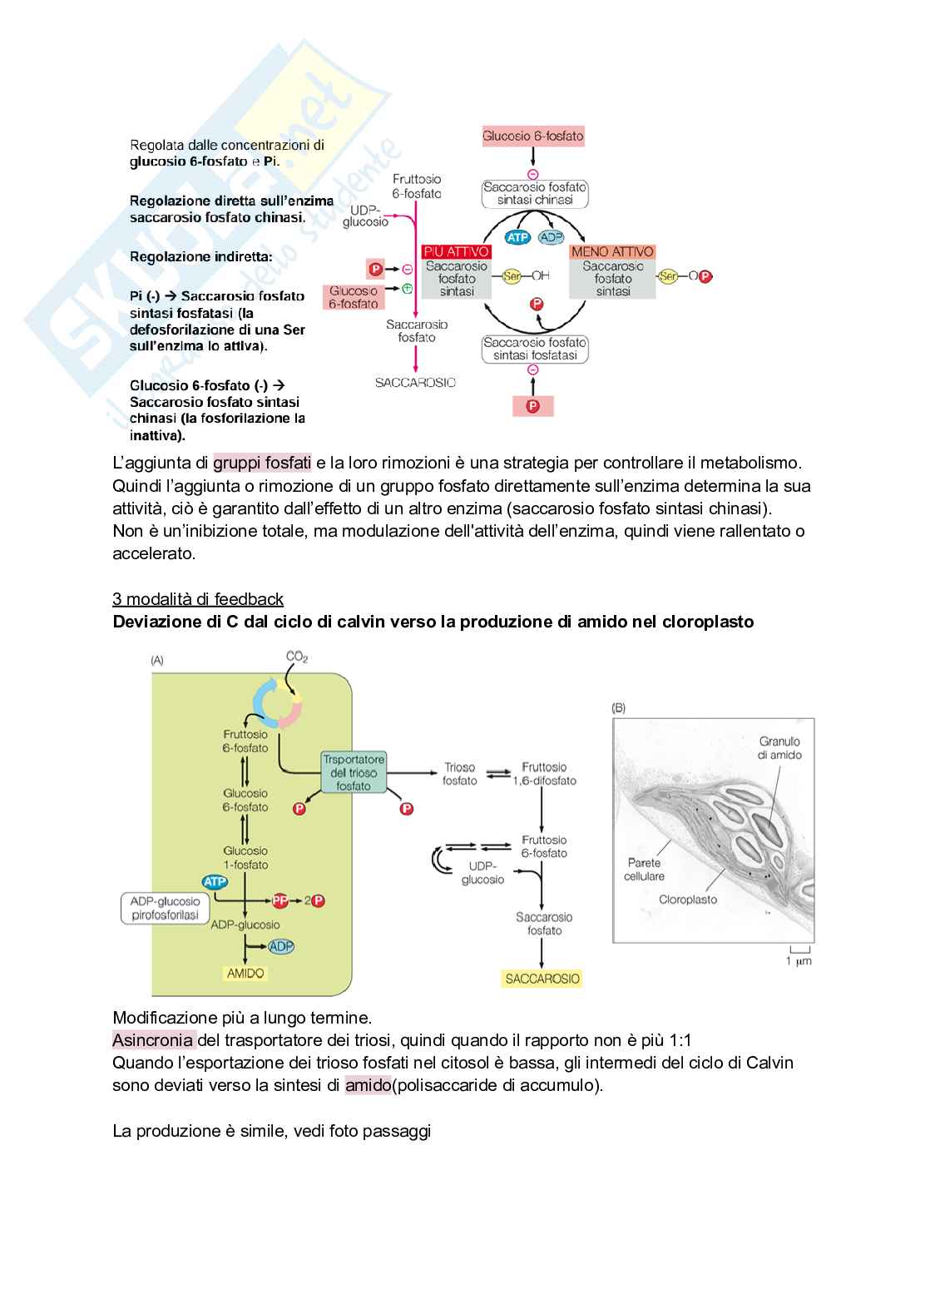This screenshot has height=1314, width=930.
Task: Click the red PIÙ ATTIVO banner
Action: (x=457, y=251)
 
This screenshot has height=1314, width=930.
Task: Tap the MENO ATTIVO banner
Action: (x=612, y=251)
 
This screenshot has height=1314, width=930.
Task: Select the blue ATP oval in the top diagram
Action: (x=517, y=237)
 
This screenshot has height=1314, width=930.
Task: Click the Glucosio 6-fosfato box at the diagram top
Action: (x=532, y=136)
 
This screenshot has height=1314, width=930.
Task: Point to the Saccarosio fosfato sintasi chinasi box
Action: (x=535, y=194)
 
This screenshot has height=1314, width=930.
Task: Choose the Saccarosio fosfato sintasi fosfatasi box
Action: (x=535, y=349)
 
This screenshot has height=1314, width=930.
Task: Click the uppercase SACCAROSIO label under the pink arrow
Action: (x=415, y=383)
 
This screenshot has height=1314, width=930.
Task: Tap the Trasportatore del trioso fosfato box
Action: (x=354, y=772)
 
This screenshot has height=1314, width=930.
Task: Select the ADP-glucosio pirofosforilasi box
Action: (x=166, y=908)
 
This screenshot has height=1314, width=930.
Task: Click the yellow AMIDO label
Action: (x=245, y=973)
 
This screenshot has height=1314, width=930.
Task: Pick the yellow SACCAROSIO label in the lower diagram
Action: (x=542, y=979)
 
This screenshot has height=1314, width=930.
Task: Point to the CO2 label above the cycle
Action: (x=297, y=657)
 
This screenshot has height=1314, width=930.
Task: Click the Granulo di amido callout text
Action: (x=779, y=747)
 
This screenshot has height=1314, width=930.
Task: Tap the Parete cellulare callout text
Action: (x=645, y=870)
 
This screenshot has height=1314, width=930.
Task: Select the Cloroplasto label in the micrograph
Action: (x=687, y=900)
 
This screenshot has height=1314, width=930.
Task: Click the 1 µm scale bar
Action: (x=799, y=954)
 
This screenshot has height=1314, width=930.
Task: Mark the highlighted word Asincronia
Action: (x=153, y=1040)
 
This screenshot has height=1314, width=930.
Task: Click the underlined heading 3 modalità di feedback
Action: (x=198, y=599)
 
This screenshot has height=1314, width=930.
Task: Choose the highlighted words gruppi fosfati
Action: (x=262, y=463)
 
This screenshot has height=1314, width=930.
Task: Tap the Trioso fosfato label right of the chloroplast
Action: (x=459, y=774)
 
